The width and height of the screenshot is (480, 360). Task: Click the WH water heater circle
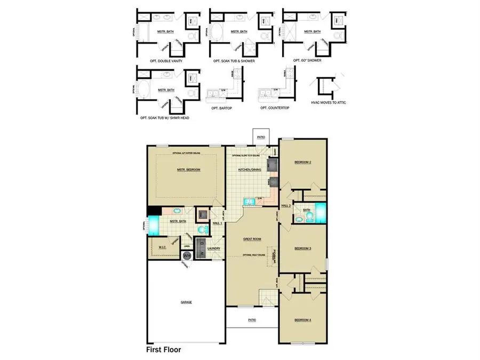pos(187,255)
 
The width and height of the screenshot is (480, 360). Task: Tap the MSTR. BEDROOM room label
pos(188,170)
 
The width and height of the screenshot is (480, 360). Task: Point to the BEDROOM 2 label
pos(302,162)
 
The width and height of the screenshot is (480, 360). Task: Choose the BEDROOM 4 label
pos(302,320)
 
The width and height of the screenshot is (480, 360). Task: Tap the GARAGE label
pos(186,302)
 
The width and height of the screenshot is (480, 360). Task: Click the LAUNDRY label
pos(213,248)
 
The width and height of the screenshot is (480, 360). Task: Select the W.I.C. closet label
pos(163,247)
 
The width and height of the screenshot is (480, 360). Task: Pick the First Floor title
pos(164,350)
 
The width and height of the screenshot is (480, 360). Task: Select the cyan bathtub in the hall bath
pos(320,213)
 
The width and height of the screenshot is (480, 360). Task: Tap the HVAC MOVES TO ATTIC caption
pos(329,102)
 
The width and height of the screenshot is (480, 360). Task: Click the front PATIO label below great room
pos(252,320)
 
